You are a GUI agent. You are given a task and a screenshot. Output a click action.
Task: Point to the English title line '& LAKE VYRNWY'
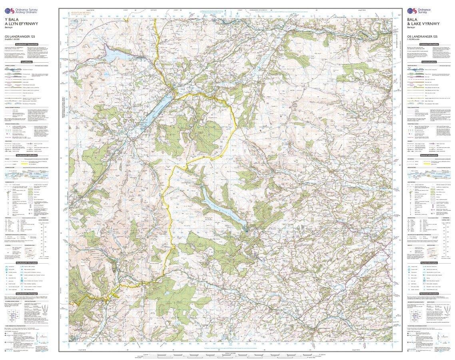(423, 24)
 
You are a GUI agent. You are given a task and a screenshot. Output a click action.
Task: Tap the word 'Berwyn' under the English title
(412, 28)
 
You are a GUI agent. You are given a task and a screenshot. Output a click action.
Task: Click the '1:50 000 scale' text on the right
(416, 40)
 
